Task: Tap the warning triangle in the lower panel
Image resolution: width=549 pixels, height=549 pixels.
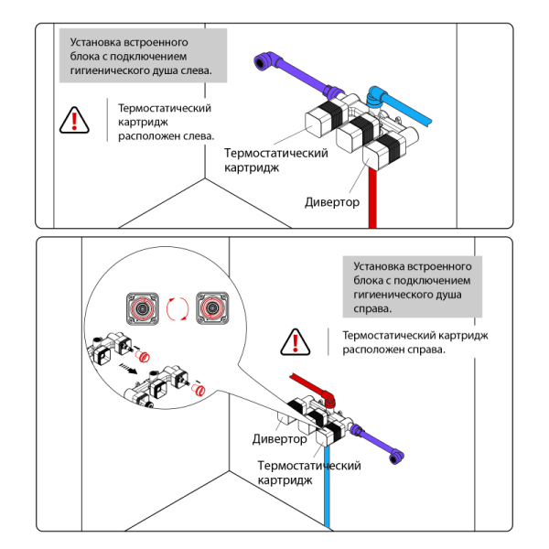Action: point(296,341)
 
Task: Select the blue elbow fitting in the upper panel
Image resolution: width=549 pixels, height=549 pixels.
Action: point(375,94)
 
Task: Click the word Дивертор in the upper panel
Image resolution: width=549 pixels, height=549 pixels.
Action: point(332,201)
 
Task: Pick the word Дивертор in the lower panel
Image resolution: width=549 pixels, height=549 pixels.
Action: point(280,439)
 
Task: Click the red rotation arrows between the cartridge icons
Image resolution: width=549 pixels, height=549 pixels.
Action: point(180,309)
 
